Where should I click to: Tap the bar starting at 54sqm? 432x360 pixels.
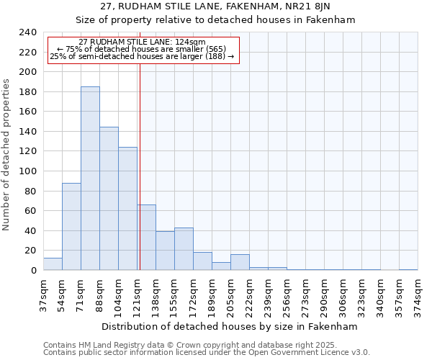[71, 226]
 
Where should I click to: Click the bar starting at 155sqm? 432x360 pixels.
[184, 248]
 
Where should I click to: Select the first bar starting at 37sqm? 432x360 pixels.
[53, 264]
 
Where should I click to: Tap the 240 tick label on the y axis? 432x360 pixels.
[28, 32]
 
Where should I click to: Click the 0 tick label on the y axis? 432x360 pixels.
[34, 271]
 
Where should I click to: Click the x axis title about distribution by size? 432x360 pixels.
[230, 326]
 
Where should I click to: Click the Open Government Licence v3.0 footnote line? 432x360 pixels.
[207, 352]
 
